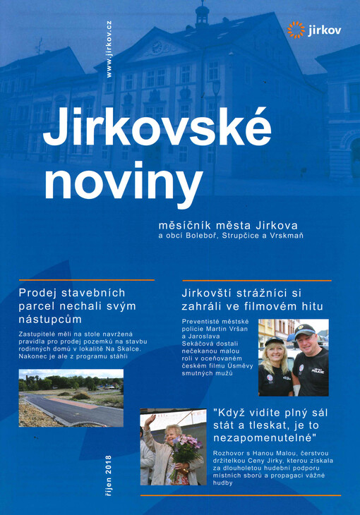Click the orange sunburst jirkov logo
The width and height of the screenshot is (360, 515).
(296, 30)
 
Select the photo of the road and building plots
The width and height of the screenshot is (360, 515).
(71, 398)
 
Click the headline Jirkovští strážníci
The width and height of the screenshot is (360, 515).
(252, 298)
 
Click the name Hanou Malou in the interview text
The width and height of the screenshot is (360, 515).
(273, 452)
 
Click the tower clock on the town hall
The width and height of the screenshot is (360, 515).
(157, 48)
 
